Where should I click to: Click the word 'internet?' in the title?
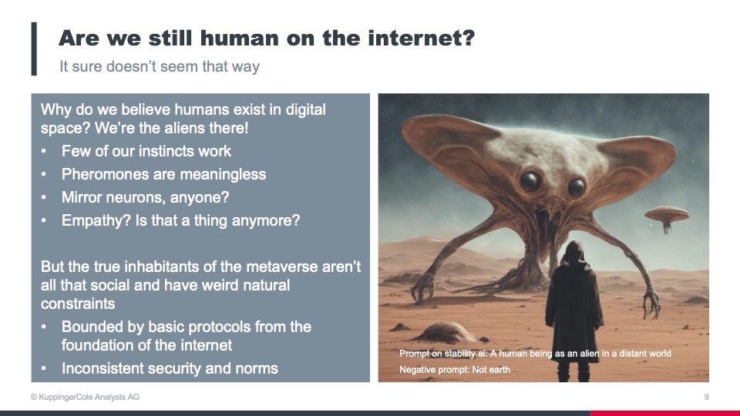point(421,38)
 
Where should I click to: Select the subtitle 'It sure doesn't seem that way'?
point(160,66)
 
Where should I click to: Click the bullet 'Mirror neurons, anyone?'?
point(145,197)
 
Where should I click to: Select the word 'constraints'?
point(78,304)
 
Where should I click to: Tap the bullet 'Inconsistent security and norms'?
point(170,368)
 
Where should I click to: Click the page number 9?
point(707,398)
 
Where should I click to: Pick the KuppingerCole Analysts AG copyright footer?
point(85,398)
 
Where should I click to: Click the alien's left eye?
point(530,180)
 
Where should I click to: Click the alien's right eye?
point(577,186)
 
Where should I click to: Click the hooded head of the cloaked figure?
point(574,253)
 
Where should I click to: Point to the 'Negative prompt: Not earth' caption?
point(455,370)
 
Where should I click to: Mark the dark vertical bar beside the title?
point(34,49)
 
